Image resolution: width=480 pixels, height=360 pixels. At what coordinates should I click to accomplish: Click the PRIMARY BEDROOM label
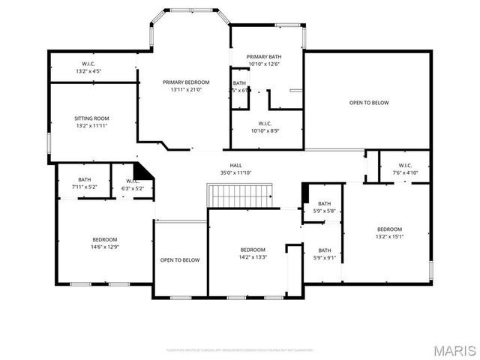point(186,82)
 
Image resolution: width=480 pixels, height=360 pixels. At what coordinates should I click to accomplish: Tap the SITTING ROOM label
point(91,118)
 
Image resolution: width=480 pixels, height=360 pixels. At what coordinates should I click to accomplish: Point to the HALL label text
point(235,166)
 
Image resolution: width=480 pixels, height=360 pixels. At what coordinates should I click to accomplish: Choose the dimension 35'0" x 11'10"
point(235,173)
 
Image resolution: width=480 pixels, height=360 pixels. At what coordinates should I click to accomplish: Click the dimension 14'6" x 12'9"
point(104,247)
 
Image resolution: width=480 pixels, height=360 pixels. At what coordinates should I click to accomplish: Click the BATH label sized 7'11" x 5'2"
point(84,179)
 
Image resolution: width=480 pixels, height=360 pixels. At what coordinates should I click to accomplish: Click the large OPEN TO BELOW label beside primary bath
point(369,103)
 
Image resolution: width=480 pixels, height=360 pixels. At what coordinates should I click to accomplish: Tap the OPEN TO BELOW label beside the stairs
point(180,260)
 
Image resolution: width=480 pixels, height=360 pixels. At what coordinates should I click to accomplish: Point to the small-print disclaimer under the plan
point(240,349)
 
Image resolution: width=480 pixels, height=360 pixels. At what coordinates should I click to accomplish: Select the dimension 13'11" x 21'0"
point(186,89)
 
